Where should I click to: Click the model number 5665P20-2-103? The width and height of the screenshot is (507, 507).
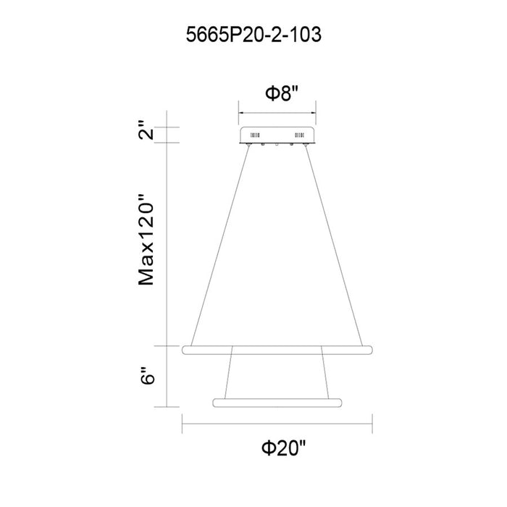(x=253, y=35)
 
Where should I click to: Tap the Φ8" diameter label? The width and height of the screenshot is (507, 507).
(x=281, y=93)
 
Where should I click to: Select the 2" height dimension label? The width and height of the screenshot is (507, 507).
(x=146, y=130)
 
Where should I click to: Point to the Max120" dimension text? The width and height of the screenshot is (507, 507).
(x=146, y=240)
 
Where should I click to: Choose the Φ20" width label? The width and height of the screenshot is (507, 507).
(x=283, y=448)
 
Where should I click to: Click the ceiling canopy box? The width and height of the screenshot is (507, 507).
(x=277, y=135)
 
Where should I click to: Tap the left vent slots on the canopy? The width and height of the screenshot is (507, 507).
(x=255, y=135)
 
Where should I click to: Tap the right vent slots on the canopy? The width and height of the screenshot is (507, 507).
(x=298, y=135)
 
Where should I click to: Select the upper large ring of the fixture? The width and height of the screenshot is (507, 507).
(x=277, y=350)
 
